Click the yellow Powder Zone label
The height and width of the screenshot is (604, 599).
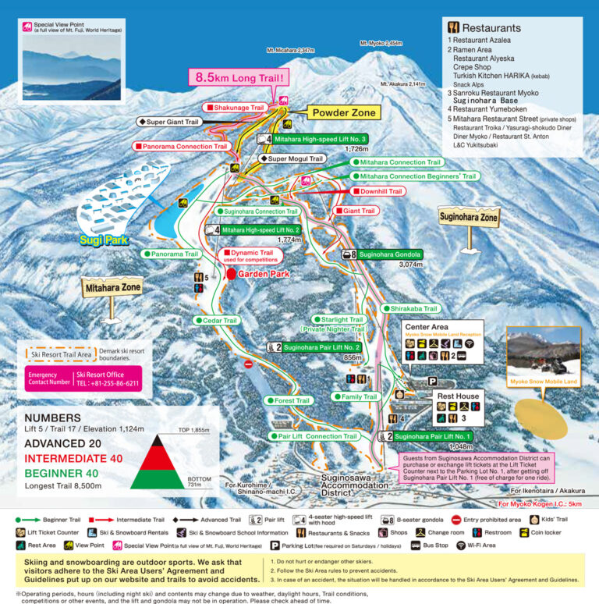(x=344, y=113)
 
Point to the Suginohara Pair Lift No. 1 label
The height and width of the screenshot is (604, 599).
(x=433, y=436)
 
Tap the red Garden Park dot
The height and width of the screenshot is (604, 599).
(x=231, y=274)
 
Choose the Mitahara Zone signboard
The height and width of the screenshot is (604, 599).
(x=112, y=288)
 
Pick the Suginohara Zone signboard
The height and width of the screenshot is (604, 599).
(x=469, y=218)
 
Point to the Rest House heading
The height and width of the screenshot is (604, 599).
(x=457, y=396)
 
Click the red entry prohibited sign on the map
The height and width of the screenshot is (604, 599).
(x=249, y=364)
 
